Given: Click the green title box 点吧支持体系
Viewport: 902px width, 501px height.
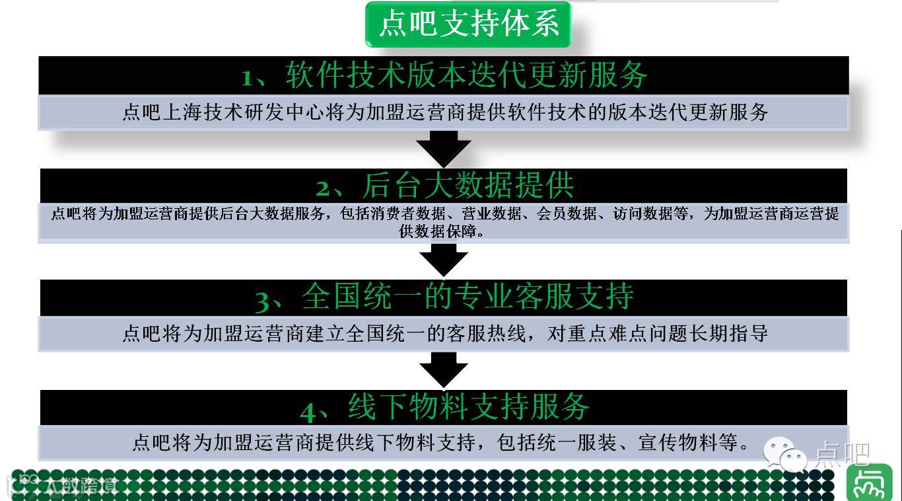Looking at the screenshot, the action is tap(468, 24).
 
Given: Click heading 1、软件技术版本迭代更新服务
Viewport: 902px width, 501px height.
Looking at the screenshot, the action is tap(444, 75).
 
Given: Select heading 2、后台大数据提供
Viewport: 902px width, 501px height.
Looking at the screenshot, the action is tap(444, 186).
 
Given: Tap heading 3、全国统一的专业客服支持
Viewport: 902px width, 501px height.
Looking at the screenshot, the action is tap(444, 297).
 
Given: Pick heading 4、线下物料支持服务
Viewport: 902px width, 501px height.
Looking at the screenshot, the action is tap(444, 407).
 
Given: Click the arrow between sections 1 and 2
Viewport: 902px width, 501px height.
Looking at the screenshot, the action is tap(444, 149).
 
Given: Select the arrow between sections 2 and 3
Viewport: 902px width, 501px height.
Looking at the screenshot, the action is tap(444, 260).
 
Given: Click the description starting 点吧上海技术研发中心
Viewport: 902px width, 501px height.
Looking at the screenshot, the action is tap(444, 112).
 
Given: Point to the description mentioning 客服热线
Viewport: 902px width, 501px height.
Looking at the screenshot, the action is tap(444, 333).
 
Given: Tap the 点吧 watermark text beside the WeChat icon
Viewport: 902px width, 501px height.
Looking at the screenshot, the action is tap(843, 455).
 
